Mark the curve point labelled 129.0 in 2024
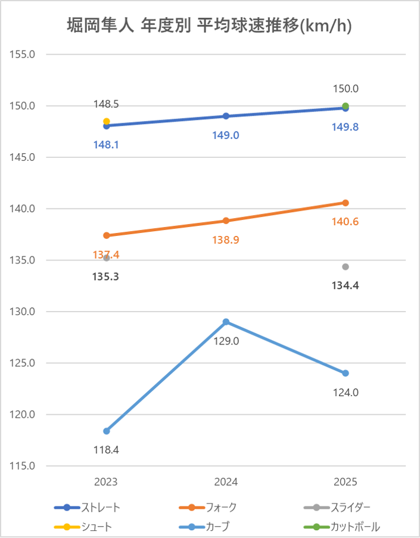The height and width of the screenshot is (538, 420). [226, 322]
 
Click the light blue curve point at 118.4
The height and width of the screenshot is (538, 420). [107, 431]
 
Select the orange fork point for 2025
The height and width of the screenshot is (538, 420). [346, 203]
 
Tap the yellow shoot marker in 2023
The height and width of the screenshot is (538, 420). [107, 122]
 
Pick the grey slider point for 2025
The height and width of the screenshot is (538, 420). [346, 266]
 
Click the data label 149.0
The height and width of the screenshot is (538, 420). [226, 135]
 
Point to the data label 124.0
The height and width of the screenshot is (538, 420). [346, 393]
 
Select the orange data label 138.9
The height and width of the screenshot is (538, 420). [226, 240]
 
